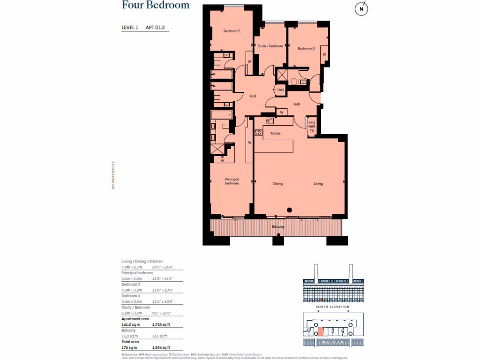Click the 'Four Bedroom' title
pos(156,6)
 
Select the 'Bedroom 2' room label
pos(232,31)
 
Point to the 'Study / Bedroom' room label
pos(270,46)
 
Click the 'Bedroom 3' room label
pos(306,48)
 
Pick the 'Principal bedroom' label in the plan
pos(232,181)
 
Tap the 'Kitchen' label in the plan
pos(276,134)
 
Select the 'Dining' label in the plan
pos(277,184)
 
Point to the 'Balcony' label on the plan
pos(278,227)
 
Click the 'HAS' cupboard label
pos(281,90)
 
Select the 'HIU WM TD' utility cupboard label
pos(312,126)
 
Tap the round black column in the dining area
pos(290,210)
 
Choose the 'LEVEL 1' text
pos(130,28)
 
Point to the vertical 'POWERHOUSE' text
pos(113,175)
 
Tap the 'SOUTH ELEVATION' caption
pos(332,307)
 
